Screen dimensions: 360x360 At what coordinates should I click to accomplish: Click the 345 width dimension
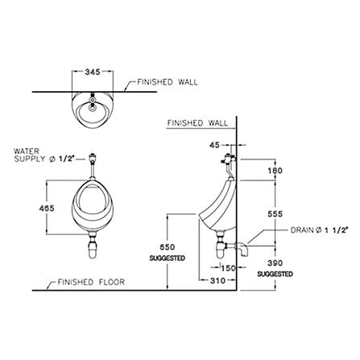click(93, 72)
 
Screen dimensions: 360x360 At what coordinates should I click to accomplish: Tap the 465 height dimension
click(47, 208)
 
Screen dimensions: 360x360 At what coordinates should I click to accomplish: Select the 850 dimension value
click(168, 247)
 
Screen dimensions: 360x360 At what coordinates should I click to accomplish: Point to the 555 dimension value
click(275, 214)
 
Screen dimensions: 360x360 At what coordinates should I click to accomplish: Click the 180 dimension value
click(275, 171)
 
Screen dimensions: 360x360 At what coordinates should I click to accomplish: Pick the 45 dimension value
click(214, 145)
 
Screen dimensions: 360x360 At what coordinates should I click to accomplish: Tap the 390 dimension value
click(275, 263)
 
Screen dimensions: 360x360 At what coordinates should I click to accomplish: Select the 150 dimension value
click(228, 268)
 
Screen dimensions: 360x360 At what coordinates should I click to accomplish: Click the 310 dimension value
click(217, 281)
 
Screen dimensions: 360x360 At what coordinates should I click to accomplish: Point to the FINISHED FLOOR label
click(91, 282)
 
